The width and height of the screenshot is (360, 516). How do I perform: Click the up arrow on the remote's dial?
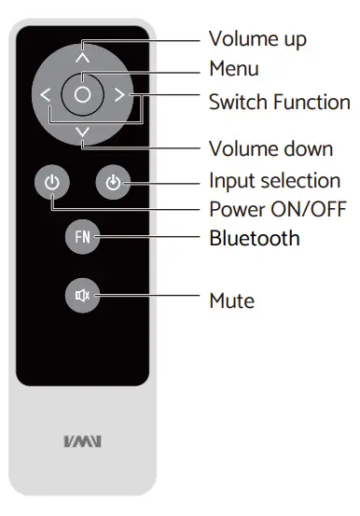pyautogui.click(x=82, y=56)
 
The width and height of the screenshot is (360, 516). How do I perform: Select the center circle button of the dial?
pyautogui.click(x=82, y=94)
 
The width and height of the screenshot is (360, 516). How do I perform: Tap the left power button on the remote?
pyautogui.click(x=52, y=182)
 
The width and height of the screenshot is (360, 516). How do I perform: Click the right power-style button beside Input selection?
pyautogui.click(x=112, y=182)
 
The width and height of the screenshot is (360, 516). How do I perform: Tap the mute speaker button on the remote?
pyautogui.click(x=82, y=297)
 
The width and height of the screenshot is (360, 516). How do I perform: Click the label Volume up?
pyautogui.click(x=257, y=38)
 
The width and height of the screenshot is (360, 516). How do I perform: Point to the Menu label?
pyautogui.click(x=233, y=69)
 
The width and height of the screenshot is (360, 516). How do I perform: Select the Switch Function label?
pyautogui.click(x=279, y=101)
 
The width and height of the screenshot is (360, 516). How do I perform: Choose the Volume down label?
pyautogui.click(x=270, y=149)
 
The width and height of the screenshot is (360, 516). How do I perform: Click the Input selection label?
pyautogui.click(x=274, y=180)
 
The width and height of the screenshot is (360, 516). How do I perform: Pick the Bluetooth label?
pyautogui.click(x=255, y=238)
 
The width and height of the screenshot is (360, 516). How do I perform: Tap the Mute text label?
pyautogui.click(x=231, y=300)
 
